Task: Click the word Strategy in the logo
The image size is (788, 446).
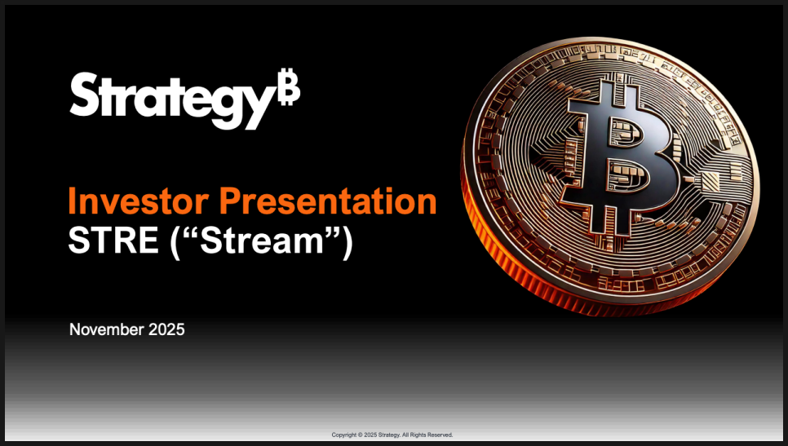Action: [174, 100]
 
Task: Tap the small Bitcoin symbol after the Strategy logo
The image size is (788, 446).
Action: [290, 87]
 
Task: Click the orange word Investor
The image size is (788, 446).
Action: [138, 201]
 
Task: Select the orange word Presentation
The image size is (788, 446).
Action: [328, 201]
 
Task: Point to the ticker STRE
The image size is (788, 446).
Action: [113, 240]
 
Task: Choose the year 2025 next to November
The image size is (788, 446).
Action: [166, 329]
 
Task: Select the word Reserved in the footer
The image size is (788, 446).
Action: [440, 435]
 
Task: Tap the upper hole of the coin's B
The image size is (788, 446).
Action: [625, 132]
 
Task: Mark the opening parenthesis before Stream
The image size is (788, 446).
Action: [175, 243]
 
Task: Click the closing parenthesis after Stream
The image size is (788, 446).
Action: [348, 243]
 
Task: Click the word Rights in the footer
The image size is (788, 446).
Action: [418, 435]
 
